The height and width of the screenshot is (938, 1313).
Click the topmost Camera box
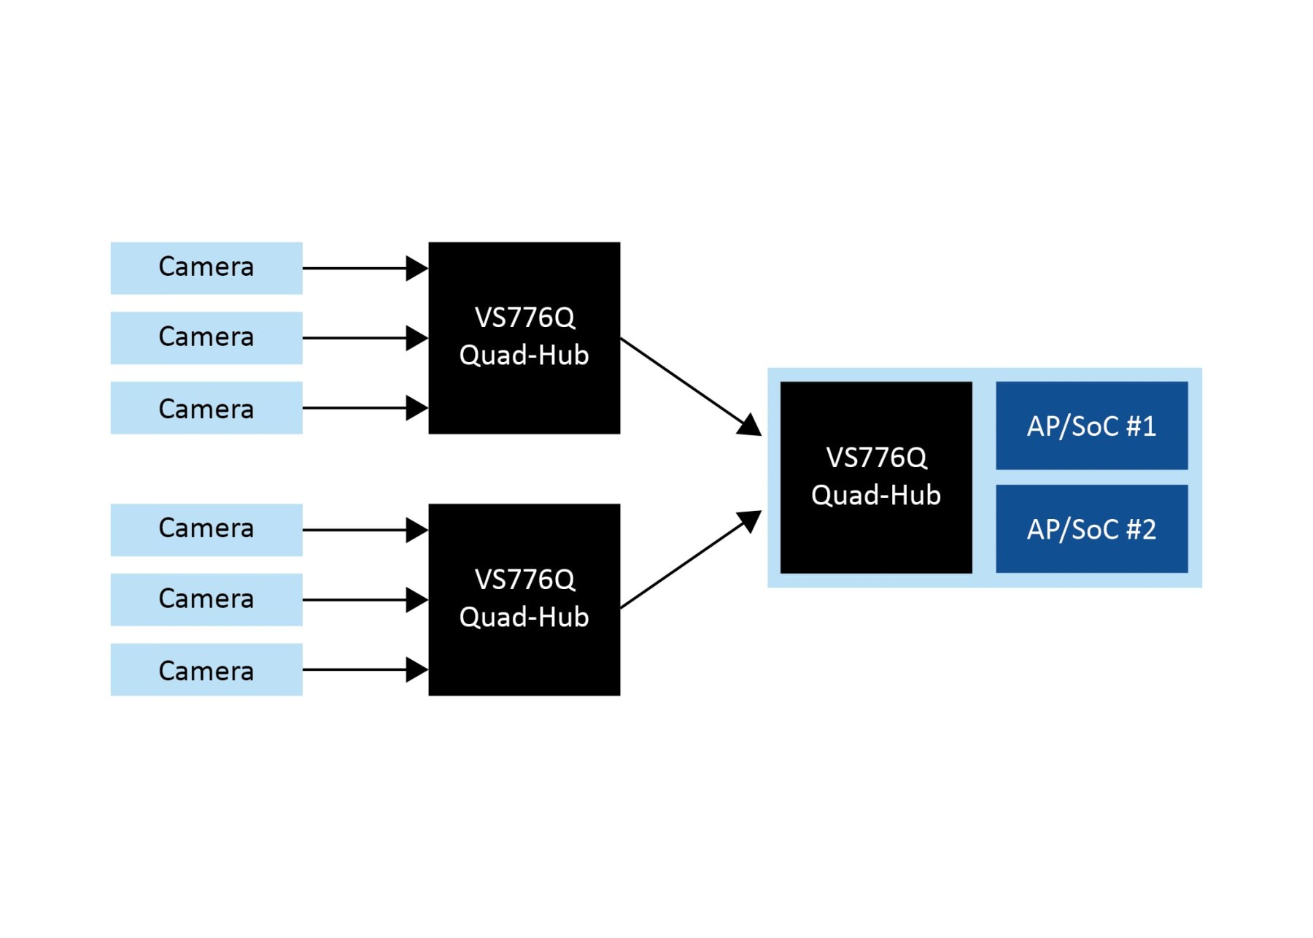pos(206,268)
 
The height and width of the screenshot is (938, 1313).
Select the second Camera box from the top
pos(206,338)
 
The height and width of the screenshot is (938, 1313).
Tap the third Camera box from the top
pos(206,408)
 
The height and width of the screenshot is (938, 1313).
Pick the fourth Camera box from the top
pos(206,530)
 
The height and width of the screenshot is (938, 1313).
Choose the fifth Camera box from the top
pos(206,600)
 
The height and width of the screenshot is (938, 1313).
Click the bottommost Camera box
pos(206,669)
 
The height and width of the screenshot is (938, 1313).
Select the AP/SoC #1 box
pos(1091,426)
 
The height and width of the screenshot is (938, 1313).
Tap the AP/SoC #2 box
pos(1091,528)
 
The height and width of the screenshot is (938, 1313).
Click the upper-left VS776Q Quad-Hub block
pos(524,338)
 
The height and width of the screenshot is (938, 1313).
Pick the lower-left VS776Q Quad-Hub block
pos(524,600)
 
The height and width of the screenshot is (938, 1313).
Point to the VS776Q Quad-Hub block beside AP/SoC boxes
pos(875,477)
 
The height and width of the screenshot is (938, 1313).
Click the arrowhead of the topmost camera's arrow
pos(417,268)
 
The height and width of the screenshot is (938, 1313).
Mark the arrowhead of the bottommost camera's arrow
pos(417,669)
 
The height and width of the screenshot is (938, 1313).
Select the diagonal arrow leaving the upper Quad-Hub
pos(686,384)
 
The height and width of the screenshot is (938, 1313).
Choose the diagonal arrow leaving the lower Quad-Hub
pos(686,561)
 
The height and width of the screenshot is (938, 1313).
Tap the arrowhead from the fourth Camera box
pos(417,530)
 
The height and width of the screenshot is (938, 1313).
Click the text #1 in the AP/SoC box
pos(1141,426)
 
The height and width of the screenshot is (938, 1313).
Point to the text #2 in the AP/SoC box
pos(1141,529)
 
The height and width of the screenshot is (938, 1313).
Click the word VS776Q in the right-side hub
pos(876,458)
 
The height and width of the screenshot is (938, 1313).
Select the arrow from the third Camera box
pos(357,408)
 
